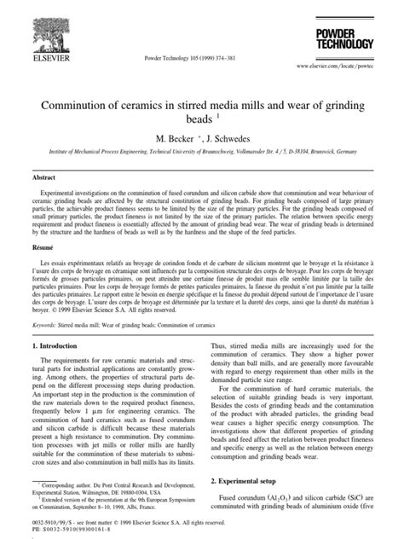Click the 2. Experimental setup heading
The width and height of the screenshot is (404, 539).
coord(249,481)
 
